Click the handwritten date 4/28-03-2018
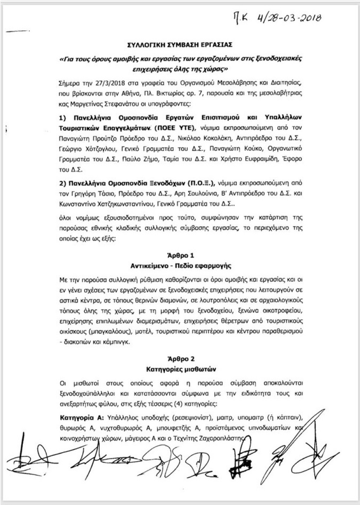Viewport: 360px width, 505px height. (x=289, y=18)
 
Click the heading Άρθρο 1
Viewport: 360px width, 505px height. (x=180, y=257)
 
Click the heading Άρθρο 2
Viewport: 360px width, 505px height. (x=180, y=360)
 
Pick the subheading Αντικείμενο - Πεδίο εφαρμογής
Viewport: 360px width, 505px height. (x=180, y=267)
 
